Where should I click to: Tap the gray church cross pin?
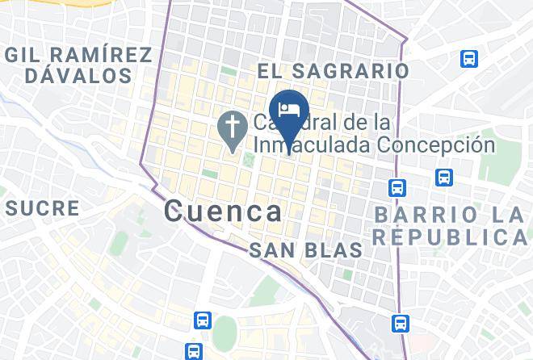click(233, 129)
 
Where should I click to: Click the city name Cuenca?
click(224, 211)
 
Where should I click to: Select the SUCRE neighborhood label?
click(43, 208)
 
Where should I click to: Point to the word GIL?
click(25, 55)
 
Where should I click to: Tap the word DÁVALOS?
click(78, 77)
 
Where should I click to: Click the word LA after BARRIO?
click(505, 215)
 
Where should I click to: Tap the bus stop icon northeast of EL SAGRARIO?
click(468, 58)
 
